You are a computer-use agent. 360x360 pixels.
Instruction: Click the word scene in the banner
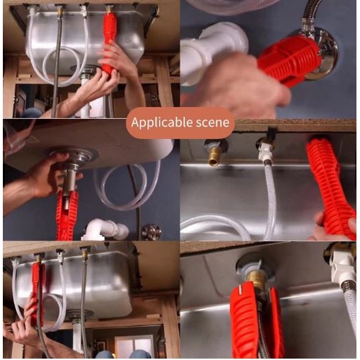pyautogui.click(x=213, y=122)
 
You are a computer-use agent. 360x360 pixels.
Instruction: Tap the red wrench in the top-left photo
pyautogui.click(x=109, y=44)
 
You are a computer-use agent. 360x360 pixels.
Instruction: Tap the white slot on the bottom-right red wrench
pyautogui.click(x=240, y=288)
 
